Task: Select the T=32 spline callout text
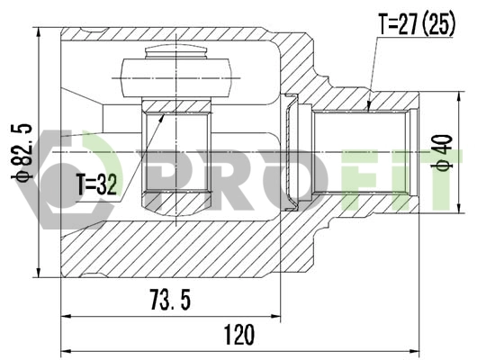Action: pos(96,186)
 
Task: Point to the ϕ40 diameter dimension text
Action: pos(441,153)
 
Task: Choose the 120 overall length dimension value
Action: pos(238,335)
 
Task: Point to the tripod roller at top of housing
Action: pos(176,72)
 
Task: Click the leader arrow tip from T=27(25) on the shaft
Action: pos(369,110)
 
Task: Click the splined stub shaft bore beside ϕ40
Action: pos(360,153)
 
